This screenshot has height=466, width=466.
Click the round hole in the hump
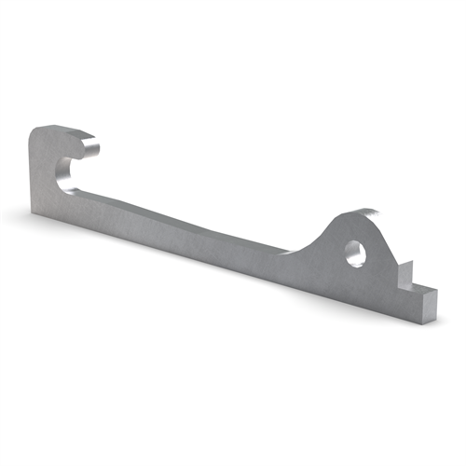pyautogui.click(x=354, y=252)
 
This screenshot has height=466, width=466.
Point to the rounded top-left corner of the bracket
pyautogui.click(x=38, y=133)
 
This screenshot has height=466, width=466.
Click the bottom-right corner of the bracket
pyautogui.click(x=430, y=321)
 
